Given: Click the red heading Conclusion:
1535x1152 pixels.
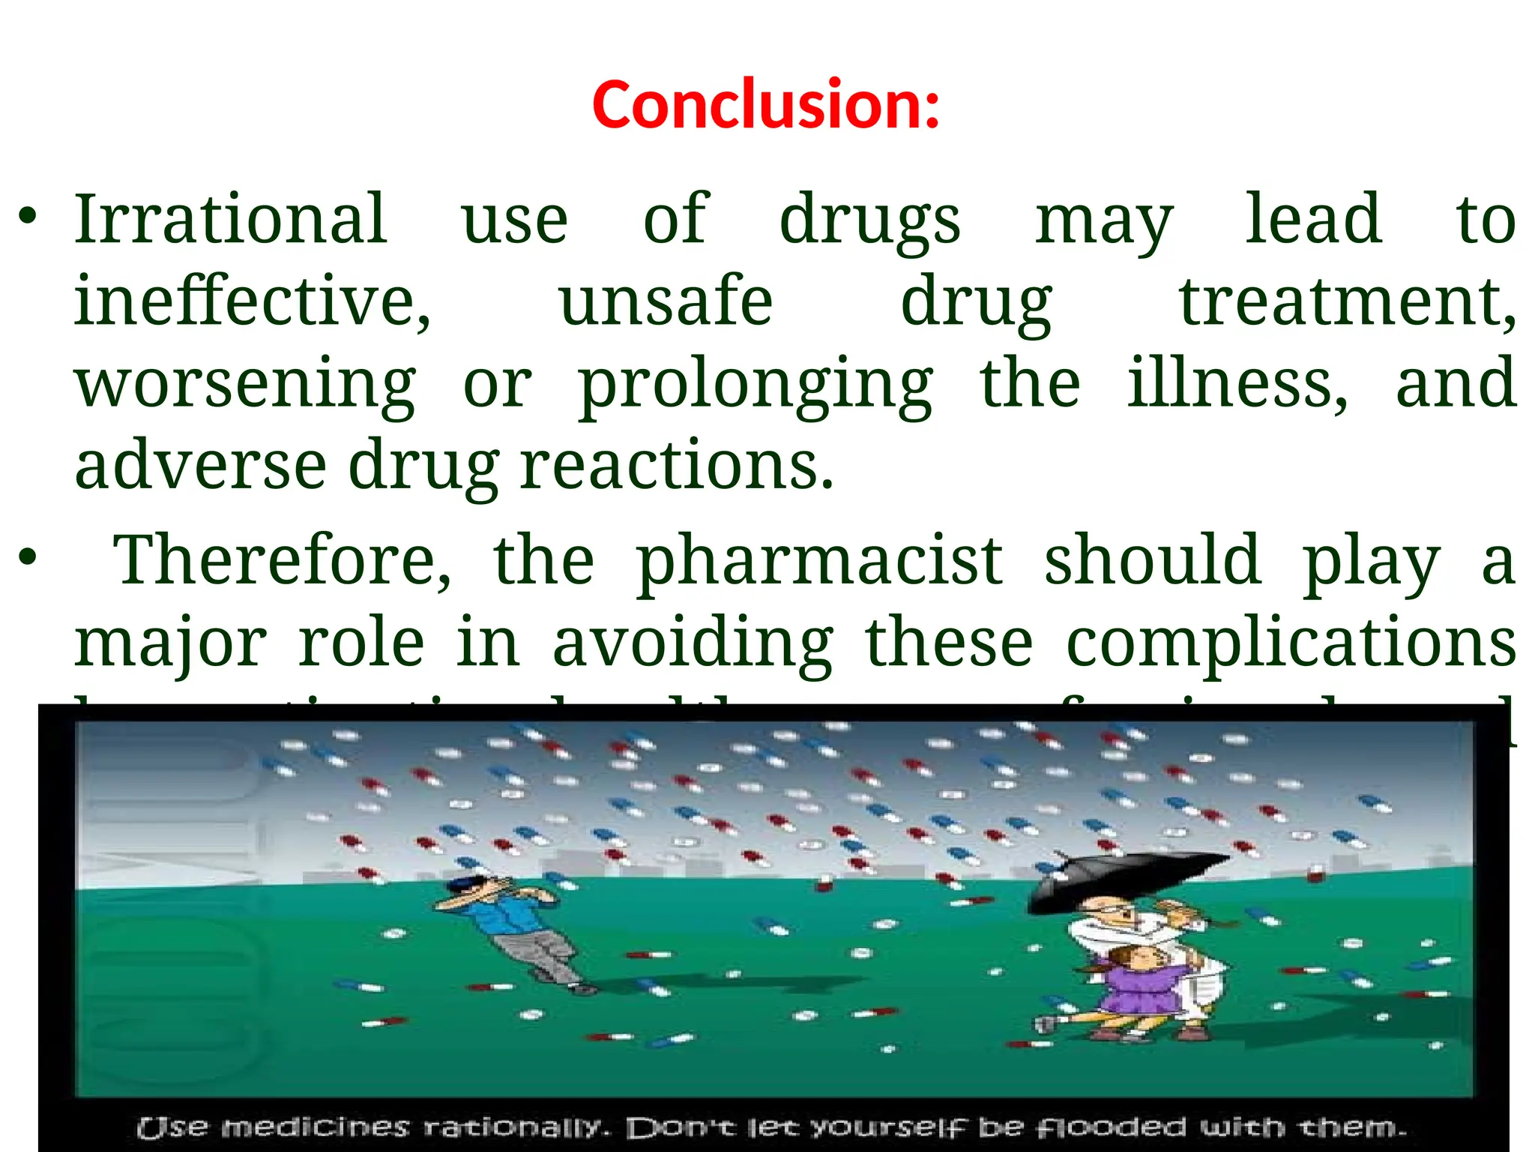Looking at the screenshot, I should (x=765, y=105).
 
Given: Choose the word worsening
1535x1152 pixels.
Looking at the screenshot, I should (x=245, y=384).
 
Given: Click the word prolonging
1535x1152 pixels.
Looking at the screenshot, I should (x=756, y=384).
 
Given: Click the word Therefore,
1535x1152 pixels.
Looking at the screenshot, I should (x=283, y=561).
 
